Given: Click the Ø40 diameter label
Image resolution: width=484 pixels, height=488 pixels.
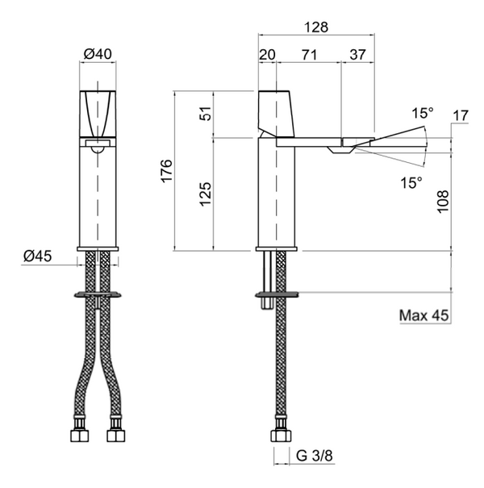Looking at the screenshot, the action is point(98,54).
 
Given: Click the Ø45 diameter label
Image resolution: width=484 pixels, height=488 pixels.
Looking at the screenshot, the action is point(38,257).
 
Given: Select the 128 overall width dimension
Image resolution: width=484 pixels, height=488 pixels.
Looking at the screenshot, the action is point(316,27).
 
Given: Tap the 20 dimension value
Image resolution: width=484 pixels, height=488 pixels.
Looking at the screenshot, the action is point(267,55).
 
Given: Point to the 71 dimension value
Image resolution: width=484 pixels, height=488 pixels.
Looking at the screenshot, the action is point(310,55).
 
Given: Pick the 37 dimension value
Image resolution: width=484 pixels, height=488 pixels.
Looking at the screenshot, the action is point(357,55).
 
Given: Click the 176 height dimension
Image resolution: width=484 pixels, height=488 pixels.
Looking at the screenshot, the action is point(166,170).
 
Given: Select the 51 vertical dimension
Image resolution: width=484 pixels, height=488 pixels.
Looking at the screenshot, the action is point(206,113).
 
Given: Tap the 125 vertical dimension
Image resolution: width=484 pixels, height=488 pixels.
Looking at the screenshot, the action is point(206,194).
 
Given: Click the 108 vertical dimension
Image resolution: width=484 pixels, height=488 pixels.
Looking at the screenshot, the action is point(443,202).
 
